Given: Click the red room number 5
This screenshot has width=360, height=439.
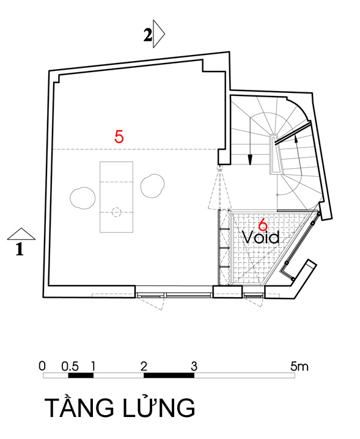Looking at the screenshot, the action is click(119, 137).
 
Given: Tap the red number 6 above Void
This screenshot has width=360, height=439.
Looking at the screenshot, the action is click(263, 224).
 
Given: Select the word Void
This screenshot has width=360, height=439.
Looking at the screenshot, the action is click(260, 237).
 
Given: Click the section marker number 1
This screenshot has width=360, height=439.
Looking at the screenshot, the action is click(20, 249).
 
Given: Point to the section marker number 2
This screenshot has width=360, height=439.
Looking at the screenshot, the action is click(148, 35).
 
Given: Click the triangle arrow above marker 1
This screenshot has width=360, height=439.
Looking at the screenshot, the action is click(21, 234).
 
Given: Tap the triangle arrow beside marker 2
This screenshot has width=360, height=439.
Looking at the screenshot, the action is click(159, 34).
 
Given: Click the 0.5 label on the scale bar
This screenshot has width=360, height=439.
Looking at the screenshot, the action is click(70, 366).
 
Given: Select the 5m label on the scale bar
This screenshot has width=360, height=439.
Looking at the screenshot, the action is click(299, 366).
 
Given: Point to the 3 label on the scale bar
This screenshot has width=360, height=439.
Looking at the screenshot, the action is click(194, 366).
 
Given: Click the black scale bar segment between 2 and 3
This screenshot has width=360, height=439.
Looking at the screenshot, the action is click(169, 375).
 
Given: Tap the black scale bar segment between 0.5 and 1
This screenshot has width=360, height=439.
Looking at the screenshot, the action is click(81, 375).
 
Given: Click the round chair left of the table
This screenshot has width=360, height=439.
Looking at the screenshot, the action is click(83, 198).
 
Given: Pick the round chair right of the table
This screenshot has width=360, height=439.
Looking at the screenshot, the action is click(152, 186).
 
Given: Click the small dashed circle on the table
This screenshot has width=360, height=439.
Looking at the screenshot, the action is click(116, 212).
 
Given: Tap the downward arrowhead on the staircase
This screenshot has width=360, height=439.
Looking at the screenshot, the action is click(250, 160).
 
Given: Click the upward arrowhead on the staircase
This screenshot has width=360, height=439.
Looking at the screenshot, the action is click(295, 136).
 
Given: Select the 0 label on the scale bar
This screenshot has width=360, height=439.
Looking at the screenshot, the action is click(42, 366).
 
